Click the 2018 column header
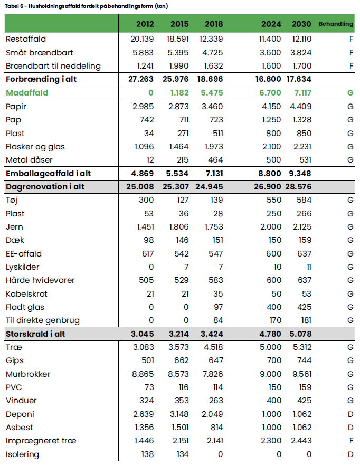coord(214,24)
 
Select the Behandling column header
coord(336,24)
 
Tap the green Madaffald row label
coord(27,93)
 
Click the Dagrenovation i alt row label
coord(45,187)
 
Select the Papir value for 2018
coord(213,107)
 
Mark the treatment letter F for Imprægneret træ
coord(351,441)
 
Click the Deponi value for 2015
coord(177,414)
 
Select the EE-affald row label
coord(24,253)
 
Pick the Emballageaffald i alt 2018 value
coord(212,174)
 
